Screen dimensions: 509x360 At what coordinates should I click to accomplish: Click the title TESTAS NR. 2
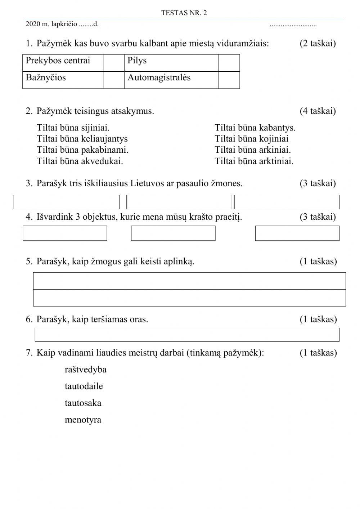click(x=184, y=13)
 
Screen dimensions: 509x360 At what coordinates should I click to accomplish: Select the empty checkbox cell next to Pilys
click(x=229, y=63)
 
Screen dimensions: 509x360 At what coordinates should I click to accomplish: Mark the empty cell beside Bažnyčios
click(x=114, y=80)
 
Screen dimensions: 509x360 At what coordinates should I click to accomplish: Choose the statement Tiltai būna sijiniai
click(x=73, y=128)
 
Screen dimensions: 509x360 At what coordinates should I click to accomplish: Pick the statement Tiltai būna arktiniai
click(x=254, y=161)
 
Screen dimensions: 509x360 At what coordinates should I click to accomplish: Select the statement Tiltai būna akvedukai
click(x=80, y=161)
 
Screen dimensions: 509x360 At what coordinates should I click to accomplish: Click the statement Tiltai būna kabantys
click(x=255, y=128)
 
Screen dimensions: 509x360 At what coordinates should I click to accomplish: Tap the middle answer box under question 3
click(x=179, y=202)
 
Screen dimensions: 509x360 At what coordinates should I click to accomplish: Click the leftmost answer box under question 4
click(x=65, y=233)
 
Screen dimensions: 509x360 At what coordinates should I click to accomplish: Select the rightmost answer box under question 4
click(x=297, y=233)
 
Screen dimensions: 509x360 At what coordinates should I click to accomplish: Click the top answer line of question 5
click(x=189, y=281)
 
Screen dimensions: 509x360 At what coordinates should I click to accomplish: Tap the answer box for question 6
click(x=187, y=334)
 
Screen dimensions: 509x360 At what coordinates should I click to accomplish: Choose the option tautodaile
click(x=84, y=386)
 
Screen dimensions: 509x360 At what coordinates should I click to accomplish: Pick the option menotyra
click(x=83, y=420)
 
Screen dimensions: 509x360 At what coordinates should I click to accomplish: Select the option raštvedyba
click(x=86, y=370)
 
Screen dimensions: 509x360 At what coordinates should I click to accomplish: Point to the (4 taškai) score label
click(x=318, y=111)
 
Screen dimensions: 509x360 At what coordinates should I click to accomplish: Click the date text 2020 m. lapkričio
click(x=51, y=24)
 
